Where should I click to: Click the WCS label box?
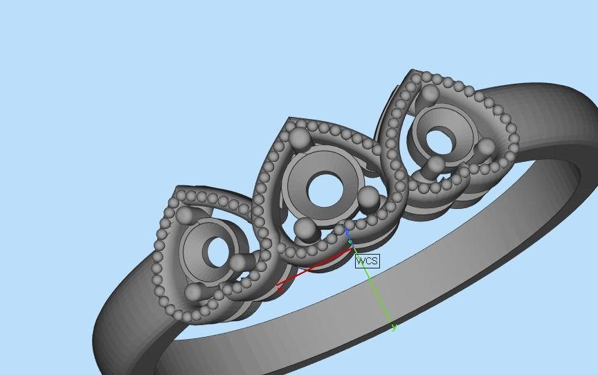tap(368, 261)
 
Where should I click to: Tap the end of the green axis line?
tap(393, 327)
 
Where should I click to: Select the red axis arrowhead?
tap(280, 287)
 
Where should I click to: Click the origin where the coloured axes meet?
tap(351, 243)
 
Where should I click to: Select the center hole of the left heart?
tap(215, 253)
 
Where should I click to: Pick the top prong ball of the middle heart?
tap(299, 139)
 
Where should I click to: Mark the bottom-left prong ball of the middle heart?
tap(305, 228)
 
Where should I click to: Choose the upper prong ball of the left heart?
tap(185, 216)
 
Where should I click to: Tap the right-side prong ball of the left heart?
tap(239, 263)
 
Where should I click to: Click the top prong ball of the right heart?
tap(430, 94)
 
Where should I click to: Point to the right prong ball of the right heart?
tap(486, 147)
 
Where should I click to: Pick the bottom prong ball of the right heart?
tap(435, 166)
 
